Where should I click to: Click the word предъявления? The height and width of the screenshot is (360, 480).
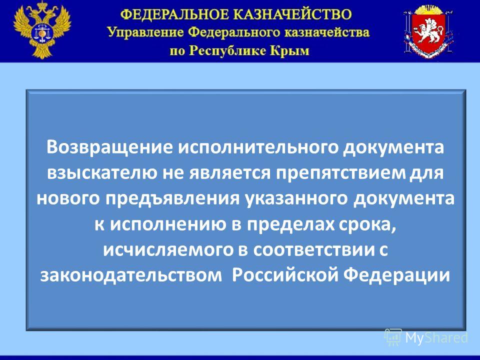click(x=173, y=199)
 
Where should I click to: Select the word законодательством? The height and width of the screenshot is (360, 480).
click(x=131, y=275)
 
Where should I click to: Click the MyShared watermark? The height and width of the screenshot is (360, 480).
click(x=426, y=337)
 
